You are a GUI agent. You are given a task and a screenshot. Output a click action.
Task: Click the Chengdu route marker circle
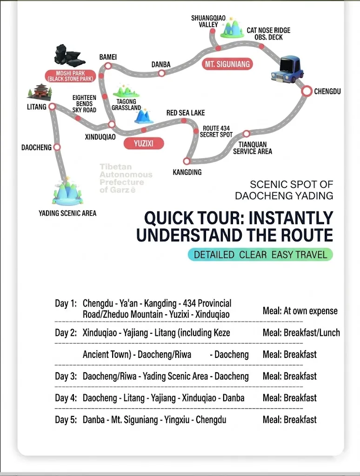(x=307, y=91)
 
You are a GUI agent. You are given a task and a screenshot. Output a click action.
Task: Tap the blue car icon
(x=287, y=69)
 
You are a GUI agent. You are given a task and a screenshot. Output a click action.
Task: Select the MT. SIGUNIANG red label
(x=227, y=64)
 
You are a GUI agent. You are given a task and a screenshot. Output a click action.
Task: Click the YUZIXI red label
(x=144, y=143)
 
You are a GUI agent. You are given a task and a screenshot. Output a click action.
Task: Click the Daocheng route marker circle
(x=57, y=147)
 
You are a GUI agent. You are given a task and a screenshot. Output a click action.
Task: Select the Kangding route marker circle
(x=187, y=161)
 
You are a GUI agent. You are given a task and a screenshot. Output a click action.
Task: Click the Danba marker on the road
(x=162, y=73)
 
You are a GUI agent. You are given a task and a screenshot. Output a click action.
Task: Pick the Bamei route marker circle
(x=108, y=66)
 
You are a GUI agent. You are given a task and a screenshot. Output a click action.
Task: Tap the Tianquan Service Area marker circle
(x=247, y=133)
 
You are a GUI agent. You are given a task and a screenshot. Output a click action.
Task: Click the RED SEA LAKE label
(x=186, y=113)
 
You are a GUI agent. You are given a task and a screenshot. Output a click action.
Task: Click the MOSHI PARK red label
(x=71, y=76)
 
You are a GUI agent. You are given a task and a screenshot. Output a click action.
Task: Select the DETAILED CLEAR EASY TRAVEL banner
(x=260, y=254)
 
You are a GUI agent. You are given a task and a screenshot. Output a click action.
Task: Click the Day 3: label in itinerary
(x=66, y=377)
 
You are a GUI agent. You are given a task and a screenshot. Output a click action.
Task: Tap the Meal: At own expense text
(x=300, y=311)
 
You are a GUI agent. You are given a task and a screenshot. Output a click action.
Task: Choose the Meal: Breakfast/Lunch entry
(x=301, y=333)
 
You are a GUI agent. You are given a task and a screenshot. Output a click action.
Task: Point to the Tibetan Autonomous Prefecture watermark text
(x=126, y=178)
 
